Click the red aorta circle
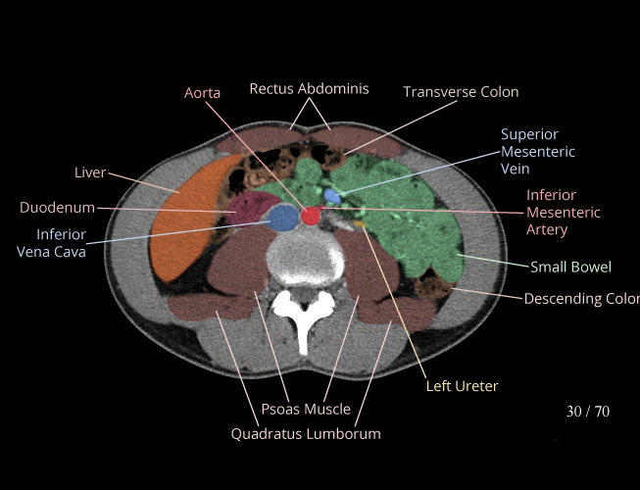(311, 216)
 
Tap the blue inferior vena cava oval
(282, 218)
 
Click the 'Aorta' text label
(202, 93)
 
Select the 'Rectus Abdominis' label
(309, 88)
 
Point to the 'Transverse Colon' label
(461, 92)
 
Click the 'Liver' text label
(90, 172)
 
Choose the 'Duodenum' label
(57, 208)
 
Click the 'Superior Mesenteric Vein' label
(537, 152)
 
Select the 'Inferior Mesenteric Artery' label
(563, 213)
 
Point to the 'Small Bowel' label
(570, 267)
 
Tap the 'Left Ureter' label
(462, 386)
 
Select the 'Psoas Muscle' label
(306, 409)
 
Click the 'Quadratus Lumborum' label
(306, 433)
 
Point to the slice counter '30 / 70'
(587, 412)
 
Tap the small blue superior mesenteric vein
(333, 197)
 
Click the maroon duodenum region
(252, 209)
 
